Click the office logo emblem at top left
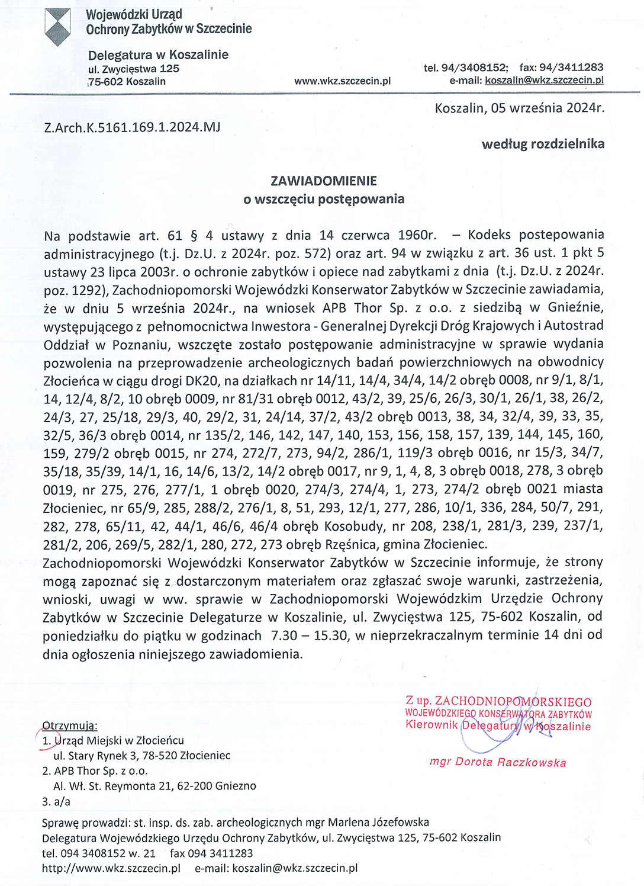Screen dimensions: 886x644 [57, 27]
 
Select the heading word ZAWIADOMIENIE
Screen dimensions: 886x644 [323, 181]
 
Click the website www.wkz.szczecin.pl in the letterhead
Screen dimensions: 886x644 [342, 81]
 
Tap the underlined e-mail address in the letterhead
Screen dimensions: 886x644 [544, 81]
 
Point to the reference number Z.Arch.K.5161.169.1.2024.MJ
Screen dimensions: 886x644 [132, 127]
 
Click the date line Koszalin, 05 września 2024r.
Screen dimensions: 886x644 [519, 108]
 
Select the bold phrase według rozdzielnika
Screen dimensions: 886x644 [543, 144]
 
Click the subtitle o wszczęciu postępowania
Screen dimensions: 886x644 [323, 199]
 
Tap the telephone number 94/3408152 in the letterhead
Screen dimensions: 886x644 [475, 68]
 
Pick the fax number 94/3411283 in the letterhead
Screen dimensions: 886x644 [571, 68]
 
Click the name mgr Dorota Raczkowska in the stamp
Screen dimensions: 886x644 [497, 762]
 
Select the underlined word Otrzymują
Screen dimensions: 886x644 [70, 726]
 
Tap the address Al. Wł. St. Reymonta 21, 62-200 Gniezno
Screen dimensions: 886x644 [154, 786]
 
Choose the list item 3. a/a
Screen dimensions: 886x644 [56, 801]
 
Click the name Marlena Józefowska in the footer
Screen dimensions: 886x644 [378, 822]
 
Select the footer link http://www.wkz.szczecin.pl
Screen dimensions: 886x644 [111, 868]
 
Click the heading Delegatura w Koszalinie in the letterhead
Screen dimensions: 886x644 [158, 55]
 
